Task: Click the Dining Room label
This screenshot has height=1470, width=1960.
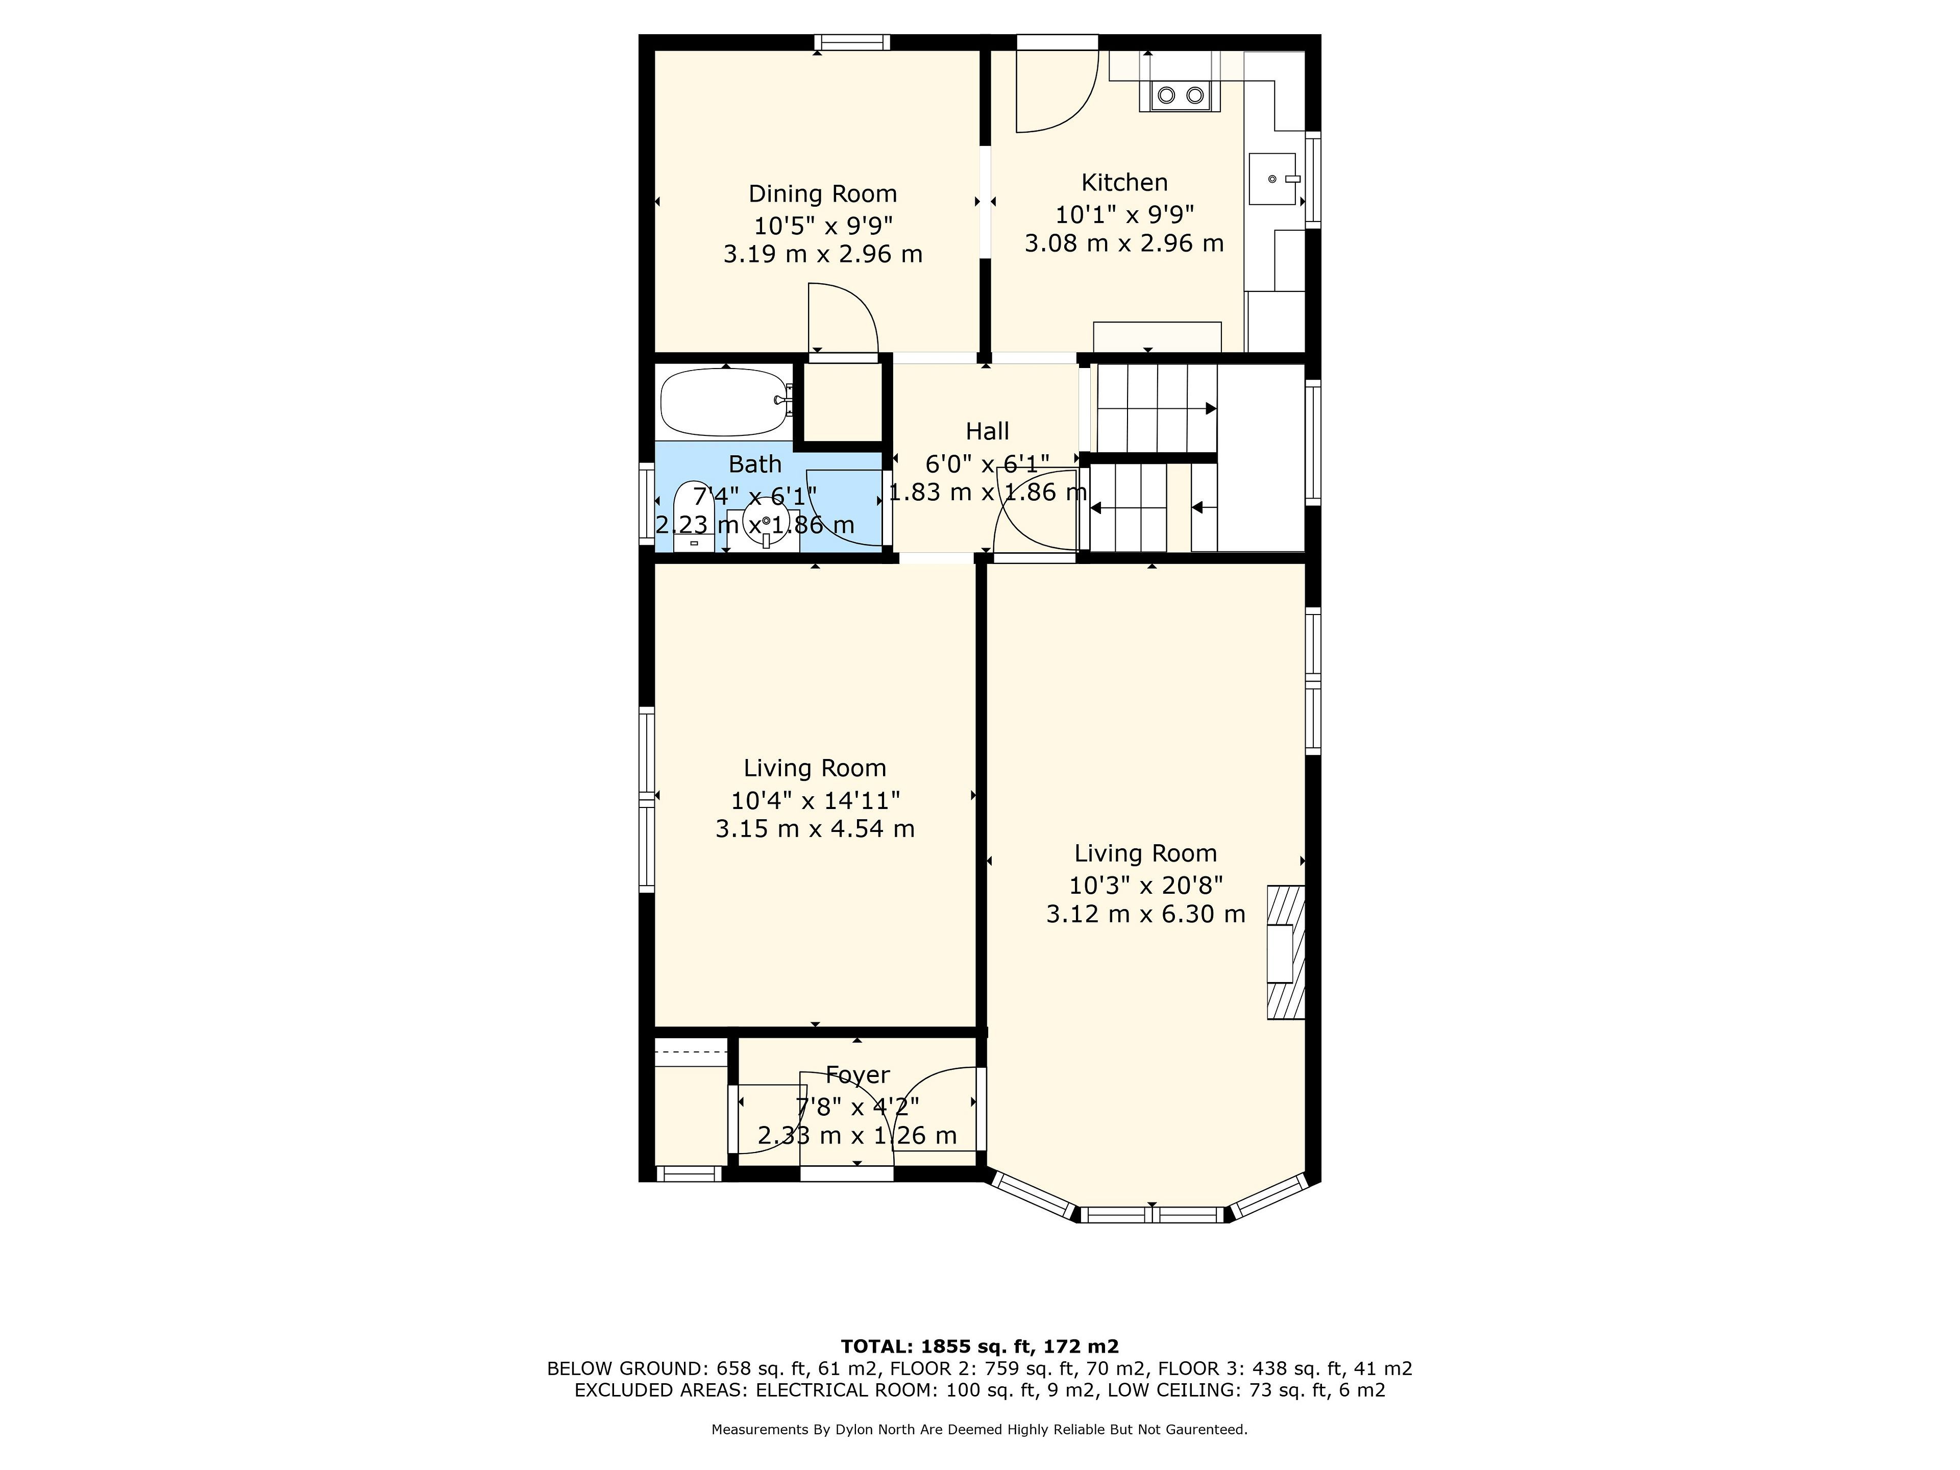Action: pyautogui.click(x=822, y=194)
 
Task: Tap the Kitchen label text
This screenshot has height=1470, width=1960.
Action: pyautogui.click(x=1124, y=183)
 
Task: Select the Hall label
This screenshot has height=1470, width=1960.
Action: pyautogui.click(x=987, y=431)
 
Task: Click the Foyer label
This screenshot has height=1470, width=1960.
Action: pyautogui.click(x=857, y=1075)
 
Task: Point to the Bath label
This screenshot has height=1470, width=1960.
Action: pyautogui.click(x=755, y=464)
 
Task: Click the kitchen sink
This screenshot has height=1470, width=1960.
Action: pyautogui.click(x=1274, y=179)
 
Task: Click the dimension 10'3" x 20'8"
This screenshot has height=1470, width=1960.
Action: pyautogui.click(x=1146, y=885)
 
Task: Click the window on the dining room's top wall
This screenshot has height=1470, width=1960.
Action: pyautogui.click(x=852, y=42)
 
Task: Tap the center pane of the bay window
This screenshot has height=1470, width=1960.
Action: pyautogui.click(x=1152, y=1215)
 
